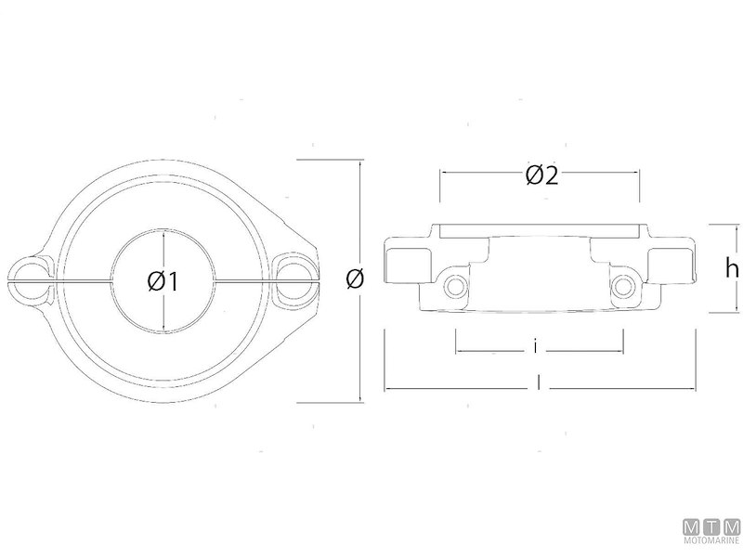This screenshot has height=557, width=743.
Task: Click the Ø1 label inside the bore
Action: point(163,280)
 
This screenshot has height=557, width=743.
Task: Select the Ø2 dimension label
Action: point(541,175)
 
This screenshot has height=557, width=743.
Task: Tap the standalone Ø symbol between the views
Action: point(353,278)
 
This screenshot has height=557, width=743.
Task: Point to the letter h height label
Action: point(732,269)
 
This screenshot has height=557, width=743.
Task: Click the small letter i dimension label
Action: point(537,348)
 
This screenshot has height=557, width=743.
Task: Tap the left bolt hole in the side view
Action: point(454,286)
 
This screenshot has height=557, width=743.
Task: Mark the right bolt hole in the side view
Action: point(623,286)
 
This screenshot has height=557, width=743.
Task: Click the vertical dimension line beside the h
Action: point(710,269)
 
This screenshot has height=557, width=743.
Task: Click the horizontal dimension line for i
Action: point(492,351)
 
